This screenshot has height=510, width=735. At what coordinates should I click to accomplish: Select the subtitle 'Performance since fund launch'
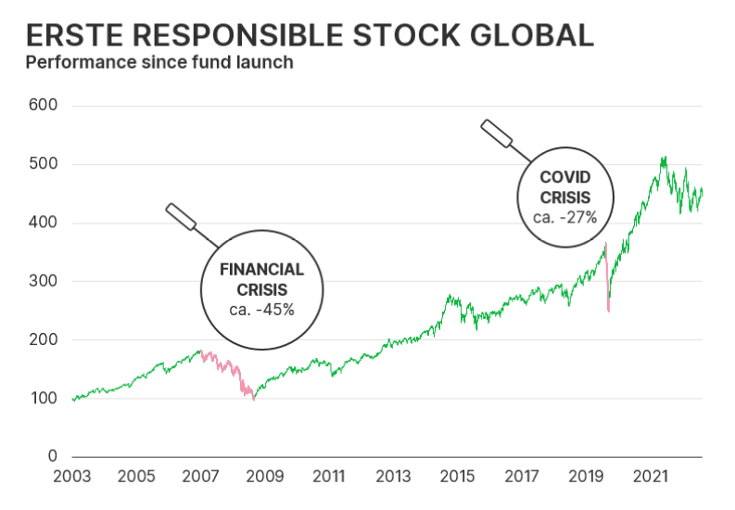pyautogui.click(x=159, y=63)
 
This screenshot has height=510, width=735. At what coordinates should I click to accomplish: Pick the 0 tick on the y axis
pyautogui.click(x=52, y=457)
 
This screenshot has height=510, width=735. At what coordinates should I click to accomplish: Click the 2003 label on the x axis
pyautogui.click(x=71, y=477)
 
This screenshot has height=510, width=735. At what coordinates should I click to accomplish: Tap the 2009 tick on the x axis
pyautogui.click(x=264, y=477)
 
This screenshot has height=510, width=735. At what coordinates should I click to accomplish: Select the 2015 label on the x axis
pyautogui.click(x=457, y=477)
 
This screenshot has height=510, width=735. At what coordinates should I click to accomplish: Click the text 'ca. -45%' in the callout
pyautogui.click(x=260, y=309)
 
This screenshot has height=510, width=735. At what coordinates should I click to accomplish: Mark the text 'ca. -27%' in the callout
pyautogui.click(x=564, y=217)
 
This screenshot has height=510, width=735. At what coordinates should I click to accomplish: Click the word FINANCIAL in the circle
pyautogui.click(x=260, y=270)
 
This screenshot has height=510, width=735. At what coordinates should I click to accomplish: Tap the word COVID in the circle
pyautogui.click(x=565, y=177)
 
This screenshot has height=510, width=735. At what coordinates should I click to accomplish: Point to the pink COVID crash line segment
pyautogui.click(x=607, y=278)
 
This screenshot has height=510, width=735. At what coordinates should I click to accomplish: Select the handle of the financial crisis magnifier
pyautogui.click(x=181, y=217)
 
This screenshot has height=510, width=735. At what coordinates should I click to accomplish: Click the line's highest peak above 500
pyautogui.click(x=664, y=158)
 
